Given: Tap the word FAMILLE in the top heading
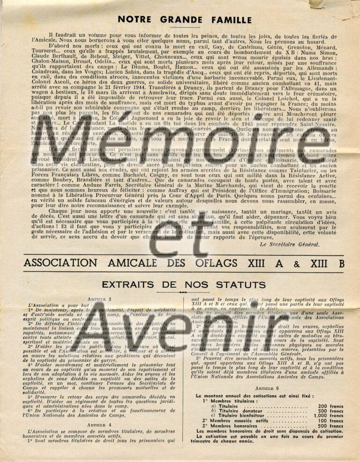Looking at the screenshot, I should coord(228,19).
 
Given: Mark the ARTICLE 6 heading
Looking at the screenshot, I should coord(267,388).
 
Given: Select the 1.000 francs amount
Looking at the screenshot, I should coord(328,416).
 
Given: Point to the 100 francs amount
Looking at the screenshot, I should coord(330,421).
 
